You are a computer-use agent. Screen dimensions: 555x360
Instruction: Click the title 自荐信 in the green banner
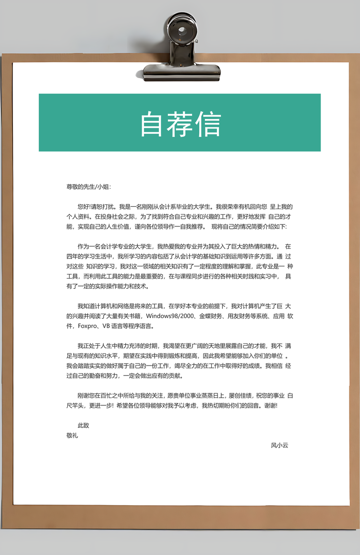point(180,124)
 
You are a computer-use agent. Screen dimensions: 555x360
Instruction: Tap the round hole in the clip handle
point(182,30)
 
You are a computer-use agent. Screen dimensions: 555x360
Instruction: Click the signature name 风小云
point(279,445)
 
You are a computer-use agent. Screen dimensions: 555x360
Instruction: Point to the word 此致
point(84,425)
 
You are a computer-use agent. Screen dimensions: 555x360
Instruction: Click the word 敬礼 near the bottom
point(72,436)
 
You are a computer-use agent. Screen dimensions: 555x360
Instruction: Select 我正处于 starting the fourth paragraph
point(89,346)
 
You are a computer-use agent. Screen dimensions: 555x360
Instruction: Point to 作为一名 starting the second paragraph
point(89,247)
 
